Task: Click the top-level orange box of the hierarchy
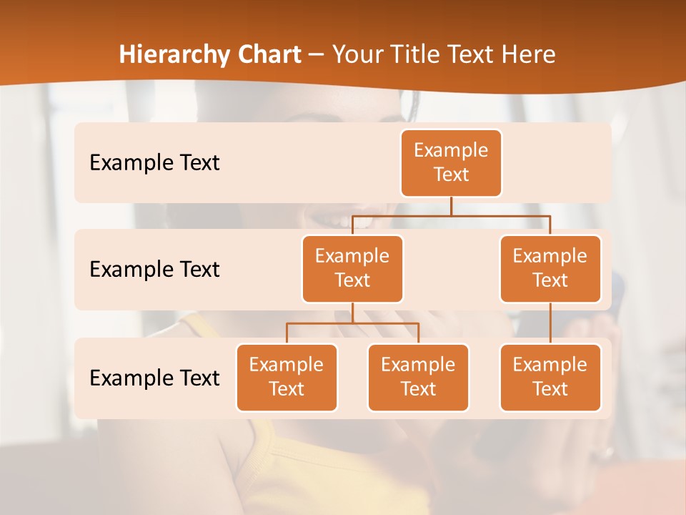451,163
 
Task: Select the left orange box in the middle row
352,268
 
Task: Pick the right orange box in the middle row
550,268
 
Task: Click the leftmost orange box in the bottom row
287,377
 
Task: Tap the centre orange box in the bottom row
418,377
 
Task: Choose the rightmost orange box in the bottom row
550,377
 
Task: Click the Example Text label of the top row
154,163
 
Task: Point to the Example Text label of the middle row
154,270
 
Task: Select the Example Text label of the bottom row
154,378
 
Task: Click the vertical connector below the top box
451,206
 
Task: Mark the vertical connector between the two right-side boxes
550,323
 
